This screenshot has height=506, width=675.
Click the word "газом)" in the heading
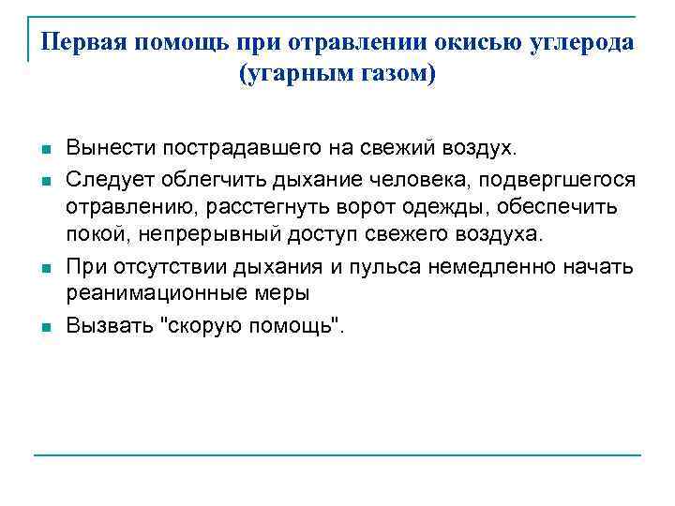[x=398, y=73]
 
